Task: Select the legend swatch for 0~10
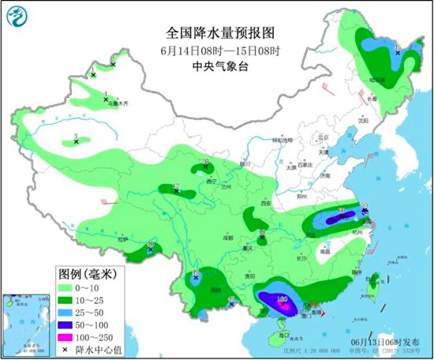pos(64,287)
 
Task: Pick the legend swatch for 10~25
pos(64,300)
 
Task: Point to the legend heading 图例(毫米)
pos(87,274)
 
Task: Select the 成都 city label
pos(228,237)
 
